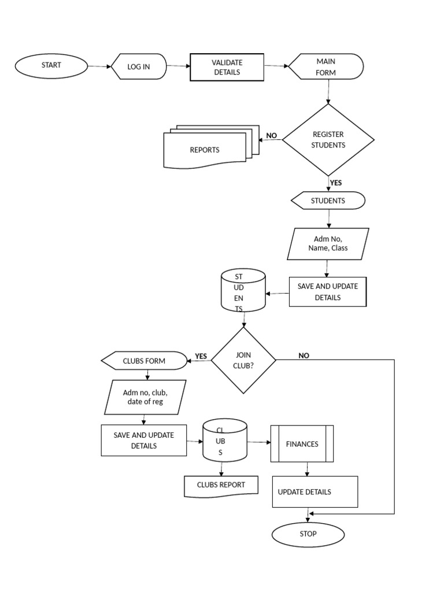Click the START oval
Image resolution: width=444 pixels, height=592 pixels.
click(x=51, y=65)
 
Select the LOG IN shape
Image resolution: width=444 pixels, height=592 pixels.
click(x=139, y=66)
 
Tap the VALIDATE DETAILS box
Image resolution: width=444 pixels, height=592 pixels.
click(x=227, y=67)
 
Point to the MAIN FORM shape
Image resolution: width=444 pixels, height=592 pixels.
click(x=326, y=67)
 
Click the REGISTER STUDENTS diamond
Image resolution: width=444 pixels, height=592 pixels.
click(x=328, y=140)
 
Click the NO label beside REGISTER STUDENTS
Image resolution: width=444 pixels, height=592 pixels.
click(x=271, y=136)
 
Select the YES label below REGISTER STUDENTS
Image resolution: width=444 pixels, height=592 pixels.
click(x=336, y=183)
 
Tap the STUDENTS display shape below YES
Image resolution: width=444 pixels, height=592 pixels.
click(x=328, y=201)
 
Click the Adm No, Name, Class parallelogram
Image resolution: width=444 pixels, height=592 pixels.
click(x=328, y=244)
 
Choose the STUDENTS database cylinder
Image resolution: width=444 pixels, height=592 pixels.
click(x=243, y=292)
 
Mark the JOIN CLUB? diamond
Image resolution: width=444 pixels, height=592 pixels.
click(x=243, y=361)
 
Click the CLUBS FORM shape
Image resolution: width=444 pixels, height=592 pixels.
click(x=144, y=361)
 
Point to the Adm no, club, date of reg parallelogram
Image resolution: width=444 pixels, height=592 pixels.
click(x=145, y=397)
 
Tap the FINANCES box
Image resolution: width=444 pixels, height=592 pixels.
click(x=302, y=444)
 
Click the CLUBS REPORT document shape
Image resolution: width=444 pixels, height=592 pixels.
click(x=220, y=486)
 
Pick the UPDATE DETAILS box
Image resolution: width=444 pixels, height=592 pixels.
click(x=315, y=492)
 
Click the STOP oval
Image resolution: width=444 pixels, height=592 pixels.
click(x=308, y=534)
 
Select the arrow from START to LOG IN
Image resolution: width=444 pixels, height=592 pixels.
click(x=99, y=66)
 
